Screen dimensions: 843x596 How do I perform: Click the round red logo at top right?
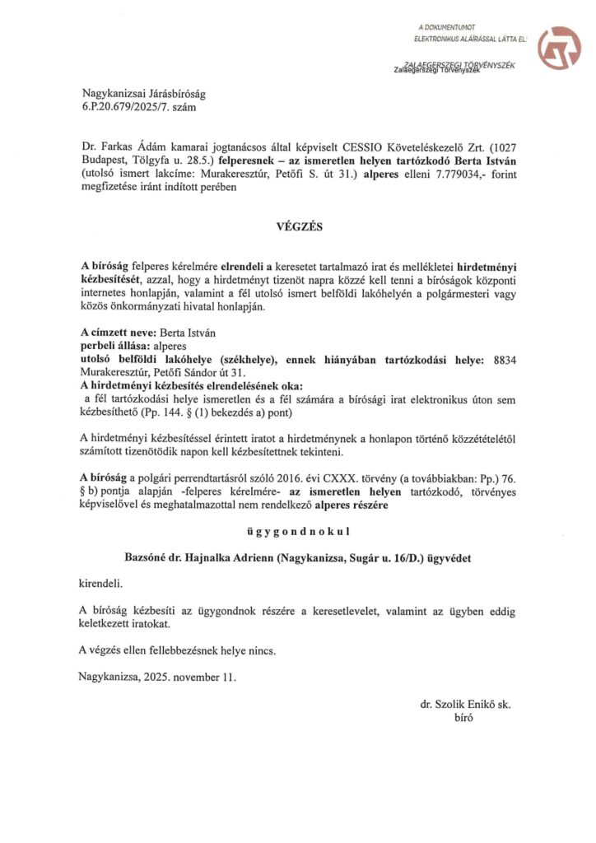(559, 47)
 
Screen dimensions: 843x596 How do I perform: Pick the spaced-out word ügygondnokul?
(297, 533)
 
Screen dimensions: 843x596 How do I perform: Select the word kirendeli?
(101, 583)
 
